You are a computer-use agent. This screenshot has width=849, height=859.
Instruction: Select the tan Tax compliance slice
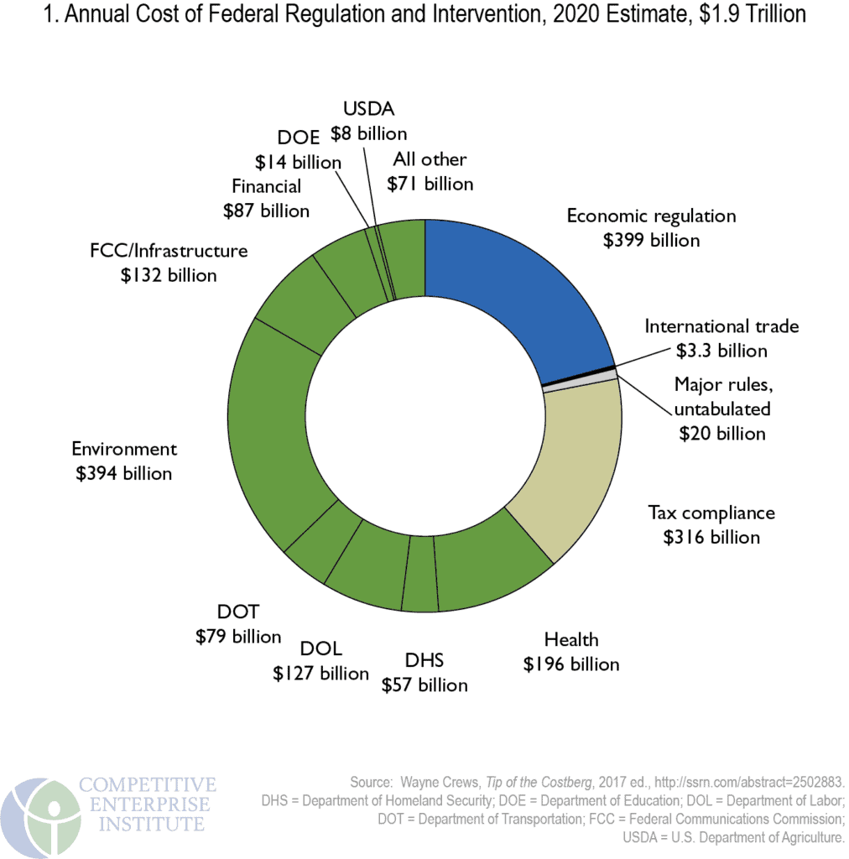click(x=570, y=461)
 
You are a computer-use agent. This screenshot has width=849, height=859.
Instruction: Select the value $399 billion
click(x=651, y=240)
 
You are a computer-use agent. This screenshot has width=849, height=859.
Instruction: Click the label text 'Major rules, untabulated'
click(x=722, y=397)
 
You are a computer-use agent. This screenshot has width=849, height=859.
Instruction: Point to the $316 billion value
click(x=711, y=537)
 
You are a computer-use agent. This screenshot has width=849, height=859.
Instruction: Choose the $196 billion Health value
click(x=571, y=664)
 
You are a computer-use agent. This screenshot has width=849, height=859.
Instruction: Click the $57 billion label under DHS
click(x=424, y=685)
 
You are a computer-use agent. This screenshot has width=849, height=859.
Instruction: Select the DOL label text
click(x=321, y=650)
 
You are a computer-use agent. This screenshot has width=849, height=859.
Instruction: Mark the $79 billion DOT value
click(x=238, y=636)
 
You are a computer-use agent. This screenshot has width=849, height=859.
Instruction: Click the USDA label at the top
click(x=368, y=108)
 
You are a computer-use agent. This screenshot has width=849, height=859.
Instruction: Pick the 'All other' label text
click(x=430, y=159)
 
